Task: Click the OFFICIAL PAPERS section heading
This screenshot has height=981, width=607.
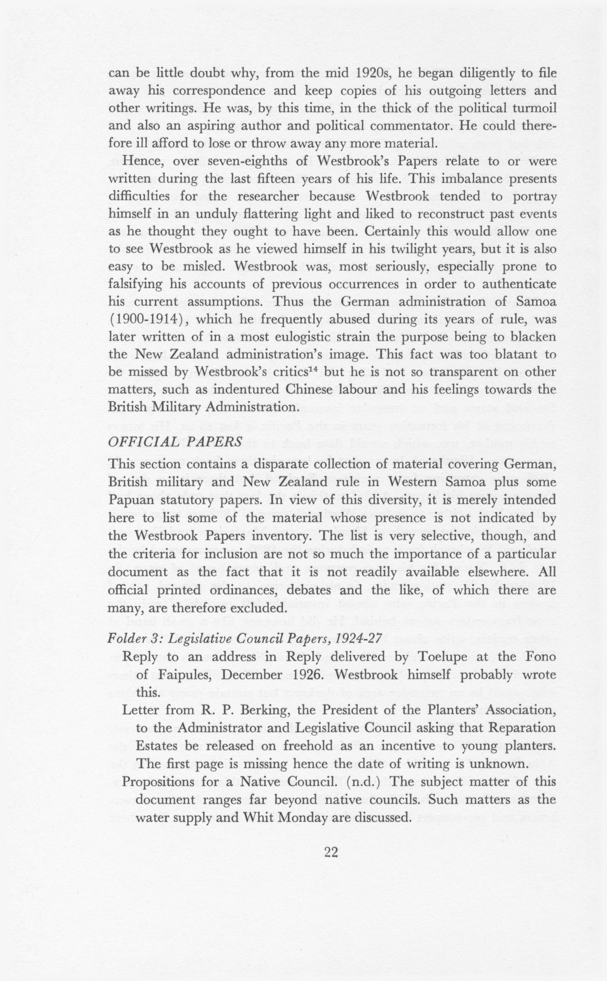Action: point(175,442)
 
